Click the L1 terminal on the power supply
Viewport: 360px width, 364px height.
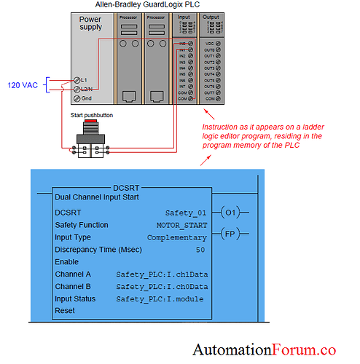tap(78, 79)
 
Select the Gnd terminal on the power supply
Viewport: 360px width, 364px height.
tap(78, 98)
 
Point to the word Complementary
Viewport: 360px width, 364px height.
tap(176, 237)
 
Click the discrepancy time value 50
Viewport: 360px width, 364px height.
tap(200, 250)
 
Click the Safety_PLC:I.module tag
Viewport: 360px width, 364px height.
tap(160, 299)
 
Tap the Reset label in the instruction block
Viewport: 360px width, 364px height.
tap(65, 311)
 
